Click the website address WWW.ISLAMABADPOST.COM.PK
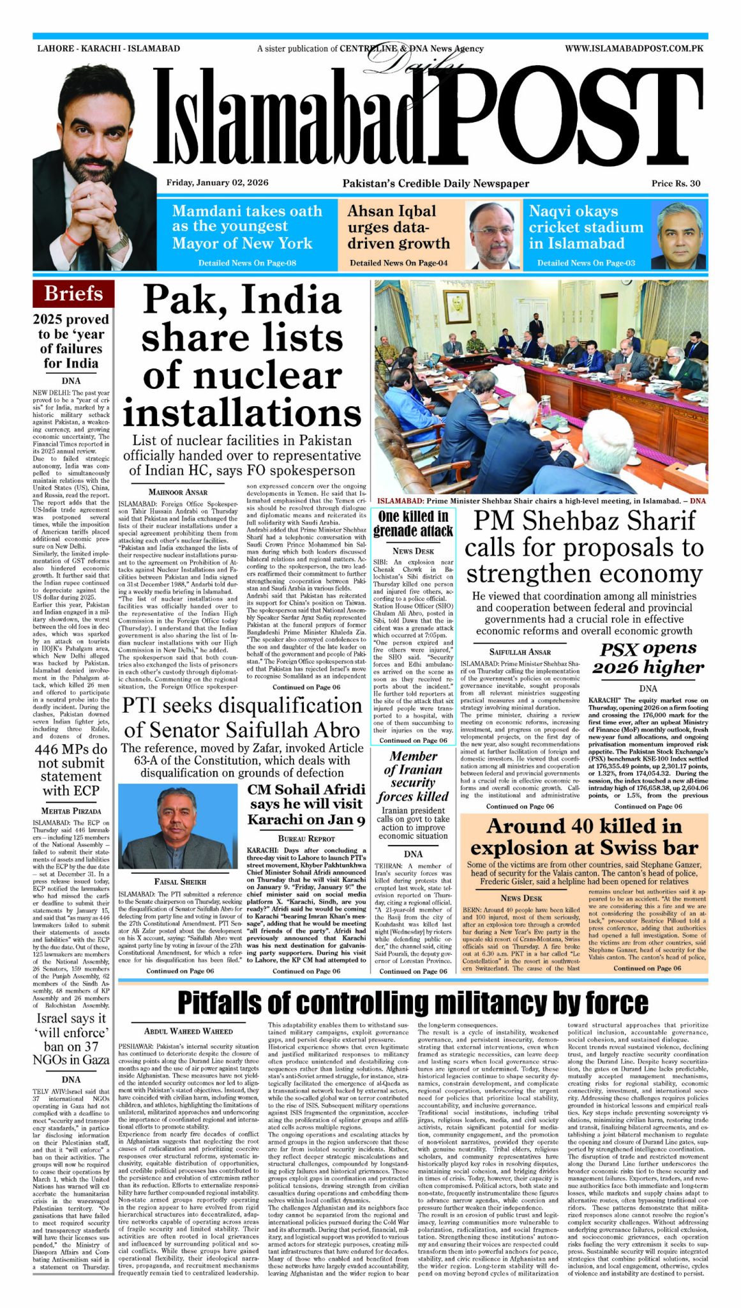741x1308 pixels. click(634, 49)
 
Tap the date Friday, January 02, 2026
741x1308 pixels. click(217, 183)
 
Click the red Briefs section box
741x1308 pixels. click(73, 294)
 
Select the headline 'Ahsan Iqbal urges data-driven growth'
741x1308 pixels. click(398, 227)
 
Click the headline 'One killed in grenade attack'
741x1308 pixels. click(413, 524)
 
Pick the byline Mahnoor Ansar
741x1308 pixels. click(178, 492)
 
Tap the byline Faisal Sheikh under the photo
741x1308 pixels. click(180, 882)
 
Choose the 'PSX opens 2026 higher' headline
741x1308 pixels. click(648, 658)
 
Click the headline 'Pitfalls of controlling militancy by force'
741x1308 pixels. click(412, 1003)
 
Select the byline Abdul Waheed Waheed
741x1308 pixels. click(188, 1031)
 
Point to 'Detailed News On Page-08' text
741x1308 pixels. click(247, 263)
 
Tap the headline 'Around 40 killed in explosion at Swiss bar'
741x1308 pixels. click(583, 837)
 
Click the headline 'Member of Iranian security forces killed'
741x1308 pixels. click(413, 776)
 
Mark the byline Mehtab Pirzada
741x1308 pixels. click(71, 810)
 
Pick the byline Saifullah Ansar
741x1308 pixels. click(520, 652)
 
